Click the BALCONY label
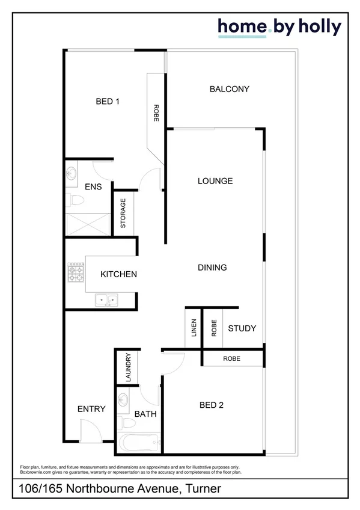[229, 89]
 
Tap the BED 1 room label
[108, 102]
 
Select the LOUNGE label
[215, 181]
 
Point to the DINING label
[212, 268]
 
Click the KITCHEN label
[118, 274]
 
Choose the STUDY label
[242, 328]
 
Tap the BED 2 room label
[212, 405]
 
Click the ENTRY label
[91, 409]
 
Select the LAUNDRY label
[128, 367]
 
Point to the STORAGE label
[123, 214]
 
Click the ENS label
[93, 187]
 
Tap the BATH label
[145, 414]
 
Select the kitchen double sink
[109, 298]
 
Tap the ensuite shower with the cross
[87, 224]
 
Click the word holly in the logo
[319, 26]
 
